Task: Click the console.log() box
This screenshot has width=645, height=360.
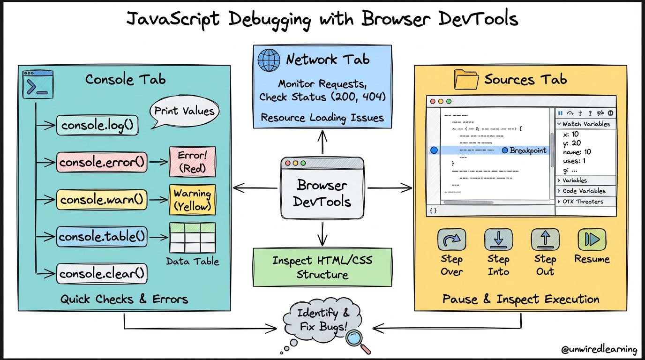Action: click(x=97, y=126)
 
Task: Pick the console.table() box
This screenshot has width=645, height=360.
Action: click(x=102, y=237)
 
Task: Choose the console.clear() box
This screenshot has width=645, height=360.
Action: click(x=101, y=273)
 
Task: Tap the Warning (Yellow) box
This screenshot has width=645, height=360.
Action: click(x=192, y=199)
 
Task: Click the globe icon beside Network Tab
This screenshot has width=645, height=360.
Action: click(x=269, y=60)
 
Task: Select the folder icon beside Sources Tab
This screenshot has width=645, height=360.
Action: click(x=466, y=80)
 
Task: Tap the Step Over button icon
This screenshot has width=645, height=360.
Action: click(x=451, y=240)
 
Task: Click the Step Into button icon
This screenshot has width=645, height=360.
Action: click(x=498, y=240)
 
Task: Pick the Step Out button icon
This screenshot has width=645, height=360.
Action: click(x=545, y=240)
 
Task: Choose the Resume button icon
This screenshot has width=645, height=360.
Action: click(x=592, y=240)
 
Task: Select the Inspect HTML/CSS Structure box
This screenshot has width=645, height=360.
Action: click(x=322, y=267)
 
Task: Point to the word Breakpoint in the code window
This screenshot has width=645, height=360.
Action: click(x=528, y=150)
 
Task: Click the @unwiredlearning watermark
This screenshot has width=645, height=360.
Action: click(x=600, y=350)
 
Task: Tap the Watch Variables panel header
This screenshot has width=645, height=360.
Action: click(x=585, y=124)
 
